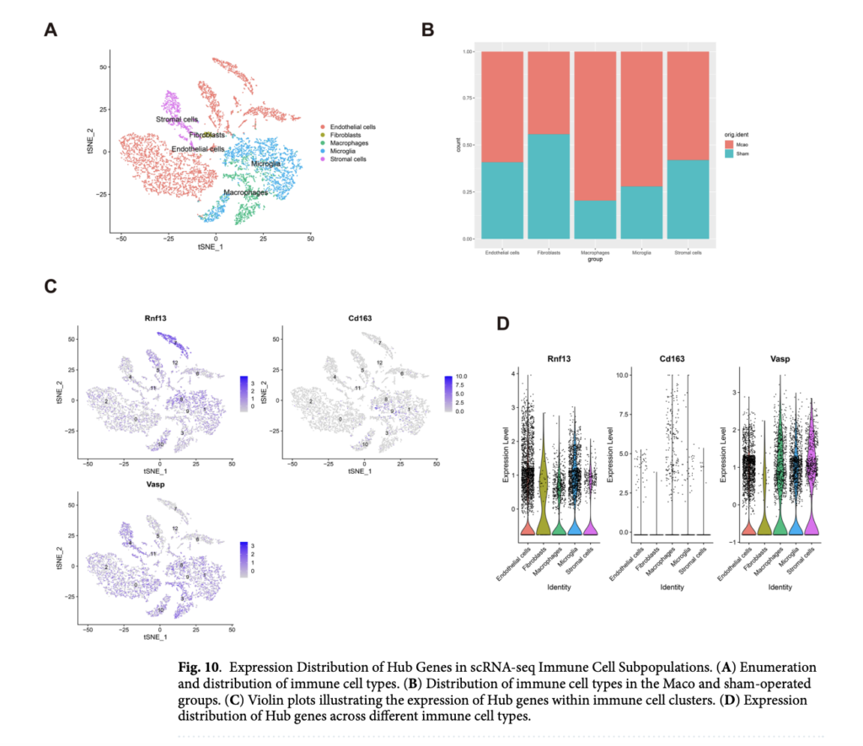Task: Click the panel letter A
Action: tap(51, 31)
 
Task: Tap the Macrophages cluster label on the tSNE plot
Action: tap(245, 193)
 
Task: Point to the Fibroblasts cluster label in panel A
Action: tap(206, 135)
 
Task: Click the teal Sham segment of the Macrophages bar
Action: tap(595, 219)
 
